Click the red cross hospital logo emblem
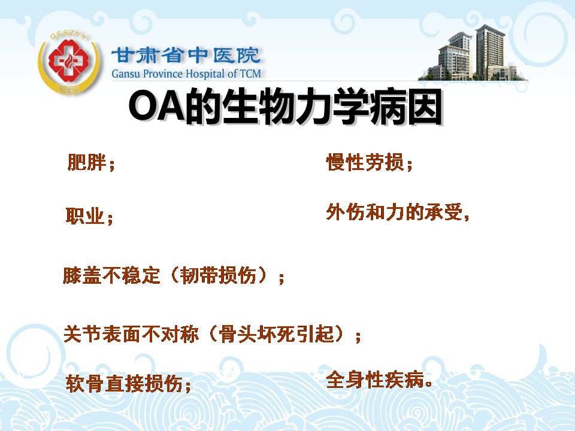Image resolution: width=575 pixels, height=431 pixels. (x=69, y=62)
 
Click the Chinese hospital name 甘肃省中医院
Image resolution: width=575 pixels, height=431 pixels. (x=186, y=56)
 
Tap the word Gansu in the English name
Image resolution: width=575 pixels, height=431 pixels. (x=126, y=74)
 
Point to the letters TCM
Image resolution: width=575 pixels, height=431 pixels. (x=250, y=74)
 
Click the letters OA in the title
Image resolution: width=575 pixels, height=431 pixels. (x=156, y=107)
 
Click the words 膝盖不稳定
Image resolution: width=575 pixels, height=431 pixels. (x=111, y=275)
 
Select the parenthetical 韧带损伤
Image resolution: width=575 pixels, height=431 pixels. (x=218, y=275)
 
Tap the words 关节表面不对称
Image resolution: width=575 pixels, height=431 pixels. (x=131, y=334)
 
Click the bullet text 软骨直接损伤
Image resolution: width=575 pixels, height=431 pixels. (x=125, y=384)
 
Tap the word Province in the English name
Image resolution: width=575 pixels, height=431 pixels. (x=162, y=74)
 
